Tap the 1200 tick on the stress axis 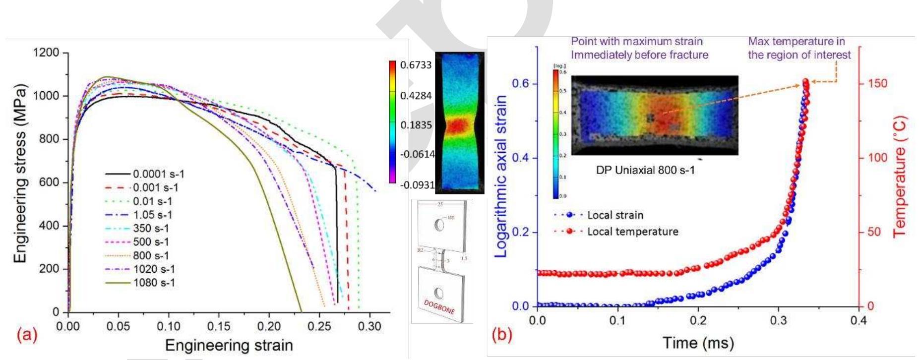point(46,53)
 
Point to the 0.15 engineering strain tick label point(219,326)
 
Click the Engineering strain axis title point(229,345)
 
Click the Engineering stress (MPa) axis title point(19,174)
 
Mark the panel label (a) point(27,335)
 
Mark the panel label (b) point(501,335)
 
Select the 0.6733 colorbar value point(416,65)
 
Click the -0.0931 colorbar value point(417,185)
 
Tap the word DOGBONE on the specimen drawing point(439,306)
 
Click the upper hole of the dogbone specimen point(439,225)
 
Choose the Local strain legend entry point(615,215)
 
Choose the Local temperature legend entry point(632,232)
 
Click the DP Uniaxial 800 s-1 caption point(645,170)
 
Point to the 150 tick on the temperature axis point(877,83)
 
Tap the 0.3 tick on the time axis point(778,320)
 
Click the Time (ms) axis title point(698,343)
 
